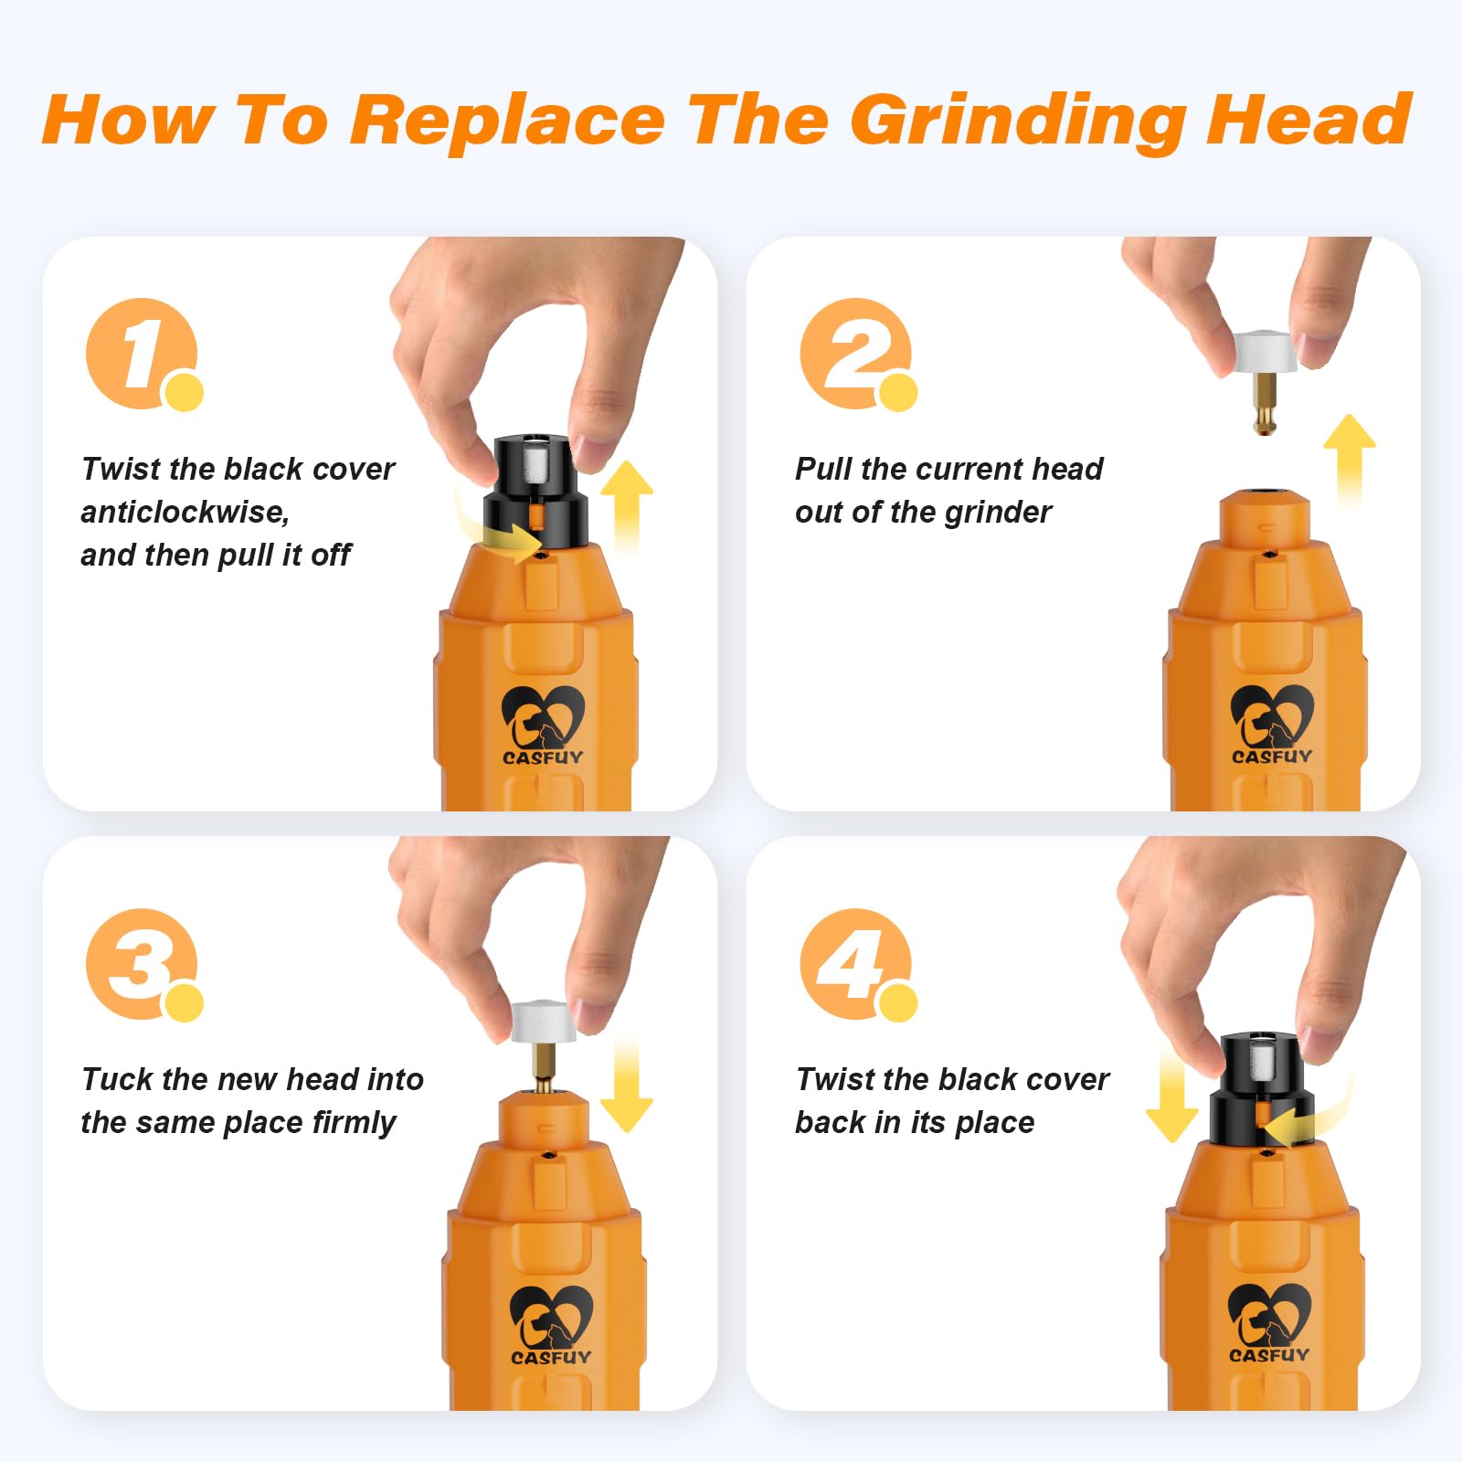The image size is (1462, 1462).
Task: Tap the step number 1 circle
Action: point(142,353)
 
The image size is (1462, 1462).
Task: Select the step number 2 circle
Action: point(855,353)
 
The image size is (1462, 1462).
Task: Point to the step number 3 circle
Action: point(142,963)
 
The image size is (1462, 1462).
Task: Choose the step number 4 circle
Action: point(855,963)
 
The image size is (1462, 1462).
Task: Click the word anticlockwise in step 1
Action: point(185,512)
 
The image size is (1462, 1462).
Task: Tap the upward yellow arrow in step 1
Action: point(627,503)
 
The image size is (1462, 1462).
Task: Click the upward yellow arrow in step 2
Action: point(1350,457)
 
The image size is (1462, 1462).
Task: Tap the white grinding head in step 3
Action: point(543,1022)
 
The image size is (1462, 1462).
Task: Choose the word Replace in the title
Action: point(508,121)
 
